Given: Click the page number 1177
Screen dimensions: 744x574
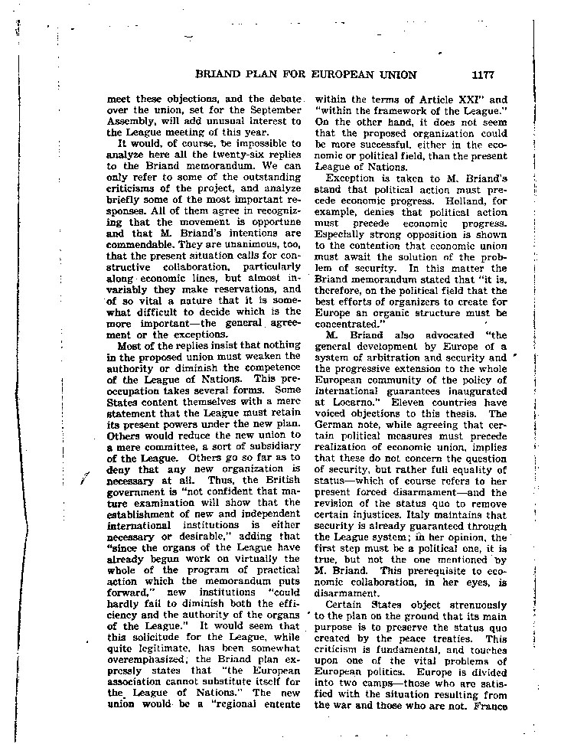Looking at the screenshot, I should click(x=484, y=75).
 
